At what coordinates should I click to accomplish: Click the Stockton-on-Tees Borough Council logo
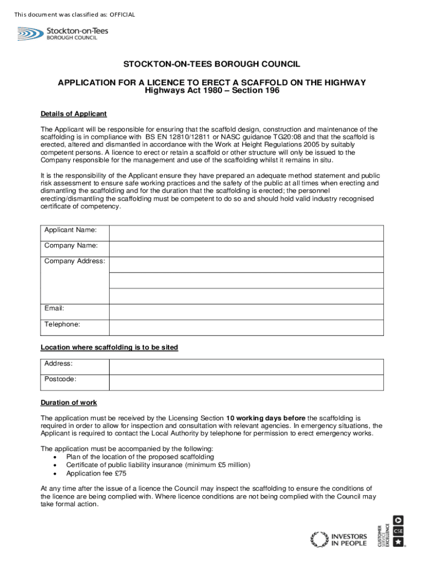pos(62,34)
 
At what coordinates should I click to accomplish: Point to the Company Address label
pos(74,261)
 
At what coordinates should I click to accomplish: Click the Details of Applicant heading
pos(73,114)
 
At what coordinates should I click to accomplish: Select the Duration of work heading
pos(69,403)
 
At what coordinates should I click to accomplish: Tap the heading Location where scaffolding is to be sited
pos(109,348)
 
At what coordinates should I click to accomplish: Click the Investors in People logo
pos(339,539)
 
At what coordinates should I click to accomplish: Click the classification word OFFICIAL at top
pos(121,14)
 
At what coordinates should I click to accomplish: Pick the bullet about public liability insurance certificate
pos(158,465)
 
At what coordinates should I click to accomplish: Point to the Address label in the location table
pos(58,364)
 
